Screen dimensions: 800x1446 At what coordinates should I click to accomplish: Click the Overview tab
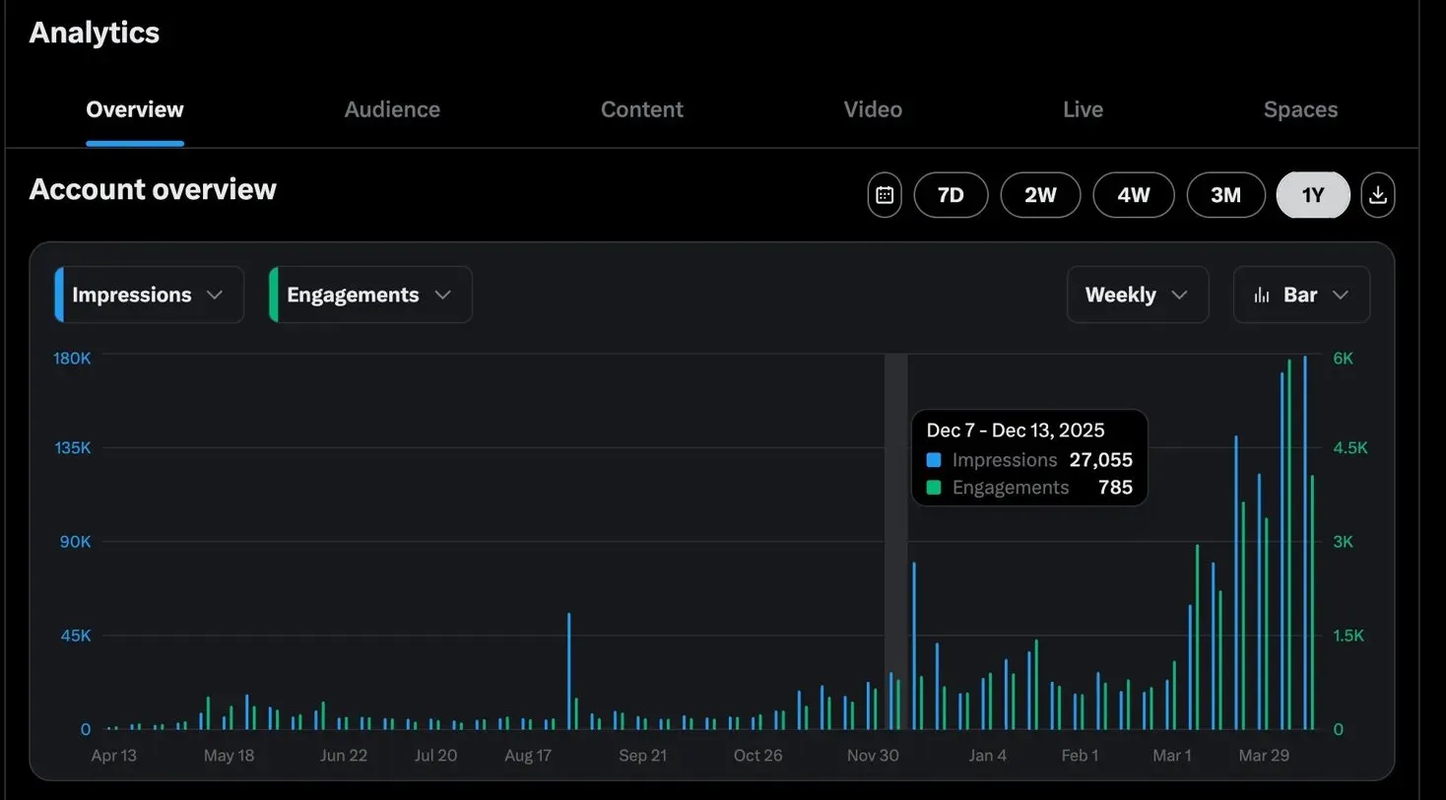(134, 109)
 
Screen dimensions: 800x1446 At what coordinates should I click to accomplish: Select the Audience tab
(392, 109)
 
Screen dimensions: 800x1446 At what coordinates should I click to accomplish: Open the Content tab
(641, 109)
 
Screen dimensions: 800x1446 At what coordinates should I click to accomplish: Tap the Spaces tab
(1300, 109)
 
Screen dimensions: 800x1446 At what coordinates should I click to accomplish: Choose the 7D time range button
(951, 195)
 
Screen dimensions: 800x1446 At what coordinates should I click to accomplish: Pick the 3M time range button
(1225, 195)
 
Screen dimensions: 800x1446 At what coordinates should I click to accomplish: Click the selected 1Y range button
(1313, 195)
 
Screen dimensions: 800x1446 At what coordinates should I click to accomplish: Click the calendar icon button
(885, 195)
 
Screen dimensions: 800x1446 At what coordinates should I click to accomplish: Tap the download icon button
(1378, 195)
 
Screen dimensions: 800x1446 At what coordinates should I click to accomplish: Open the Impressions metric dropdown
(149, 295)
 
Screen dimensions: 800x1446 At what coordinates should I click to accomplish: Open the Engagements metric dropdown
(369, 295)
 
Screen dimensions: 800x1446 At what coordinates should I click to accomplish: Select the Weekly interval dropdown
(1137, 295)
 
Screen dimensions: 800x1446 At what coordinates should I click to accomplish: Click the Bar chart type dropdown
(1301, 295)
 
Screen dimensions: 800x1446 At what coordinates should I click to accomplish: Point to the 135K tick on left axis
(72, 448)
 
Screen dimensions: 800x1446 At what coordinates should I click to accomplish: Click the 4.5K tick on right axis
(1350, 448)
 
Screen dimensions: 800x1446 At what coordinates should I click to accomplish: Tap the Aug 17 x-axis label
(528, 756)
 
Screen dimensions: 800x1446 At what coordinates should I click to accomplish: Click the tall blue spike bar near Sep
(568, 670)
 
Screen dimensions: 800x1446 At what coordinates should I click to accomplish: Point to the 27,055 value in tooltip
(1101, 460)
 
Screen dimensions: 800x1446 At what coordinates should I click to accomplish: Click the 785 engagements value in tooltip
(1115, 488)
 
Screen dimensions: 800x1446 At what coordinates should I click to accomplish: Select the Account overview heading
(153, 189)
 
